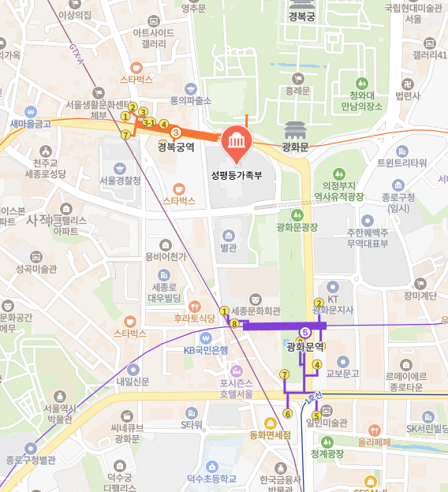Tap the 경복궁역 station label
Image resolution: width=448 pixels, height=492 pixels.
[x=175, y=146]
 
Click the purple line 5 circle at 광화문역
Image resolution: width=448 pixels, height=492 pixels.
[x=305, y=332]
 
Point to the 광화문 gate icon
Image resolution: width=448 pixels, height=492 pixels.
[x=294, y=129]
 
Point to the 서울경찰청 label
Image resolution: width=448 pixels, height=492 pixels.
[x=120, y=180]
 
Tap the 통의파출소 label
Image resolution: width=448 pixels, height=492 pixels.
[x=191, y=100]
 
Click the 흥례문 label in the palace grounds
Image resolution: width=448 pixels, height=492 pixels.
[x=297, y=91]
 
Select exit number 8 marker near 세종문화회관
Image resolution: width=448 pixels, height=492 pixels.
[x=233, y=323]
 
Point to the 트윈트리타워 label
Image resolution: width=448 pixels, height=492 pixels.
[x=401, y=162]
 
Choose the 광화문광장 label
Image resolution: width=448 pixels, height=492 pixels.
[x=297, y=227]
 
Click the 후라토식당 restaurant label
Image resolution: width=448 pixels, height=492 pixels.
[x=194, y=319]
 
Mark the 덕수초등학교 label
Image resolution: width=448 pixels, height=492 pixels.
[x=211, y=477]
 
